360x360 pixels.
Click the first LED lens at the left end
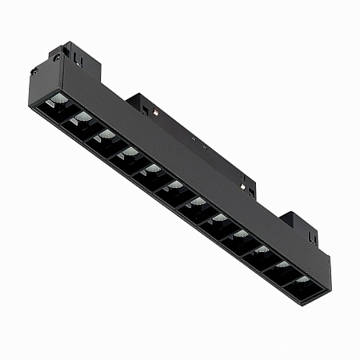(60, 100)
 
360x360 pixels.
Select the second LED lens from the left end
(83, 118)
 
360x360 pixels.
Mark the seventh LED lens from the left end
(197, 202)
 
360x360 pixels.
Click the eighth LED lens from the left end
(219, 218)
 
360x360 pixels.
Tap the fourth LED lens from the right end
(241, 234)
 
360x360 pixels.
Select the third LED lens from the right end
(262, 250)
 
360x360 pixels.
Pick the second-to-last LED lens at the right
(282, 265)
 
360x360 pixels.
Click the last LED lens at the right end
(302, 279)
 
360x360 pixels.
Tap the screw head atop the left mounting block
(57, 57)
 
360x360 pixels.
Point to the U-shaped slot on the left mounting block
(78, 58)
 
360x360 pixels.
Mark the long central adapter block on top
(192, 140)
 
